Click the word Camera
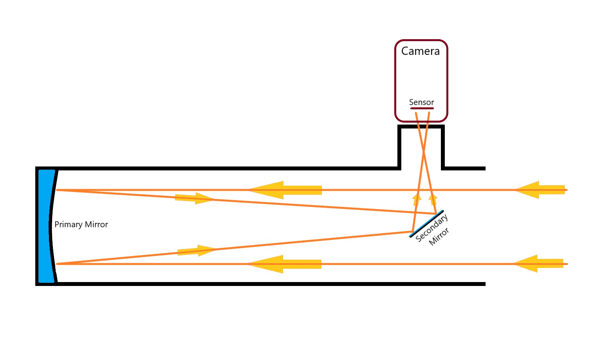tap(420, 51)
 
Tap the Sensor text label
tap(421, 102)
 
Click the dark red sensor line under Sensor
tap(422, 108)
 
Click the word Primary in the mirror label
tap(68, 224)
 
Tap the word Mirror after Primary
tap(96, 224)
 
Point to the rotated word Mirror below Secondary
tap(439, 237)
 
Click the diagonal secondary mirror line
tap(426, 224)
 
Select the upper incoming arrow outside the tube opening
tap(540, 190)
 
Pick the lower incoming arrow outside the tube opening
tap(538, 264)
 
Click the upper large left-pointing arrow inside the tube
tap(285, 190)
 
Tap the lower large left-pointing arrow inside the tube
tap(284, 264)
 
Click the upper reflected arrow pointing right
tap(194, 198)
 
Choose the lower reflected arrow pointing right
tap(196, 251)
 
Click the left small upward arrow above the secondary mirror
tap(417, 200)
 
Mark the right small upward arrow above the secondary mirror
tap(433, 200)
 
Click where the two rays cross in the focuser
tap(423, 152)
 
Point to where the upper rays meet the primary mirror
tap(57, 190)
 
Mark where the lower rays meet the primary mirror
tap(57, 264)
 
